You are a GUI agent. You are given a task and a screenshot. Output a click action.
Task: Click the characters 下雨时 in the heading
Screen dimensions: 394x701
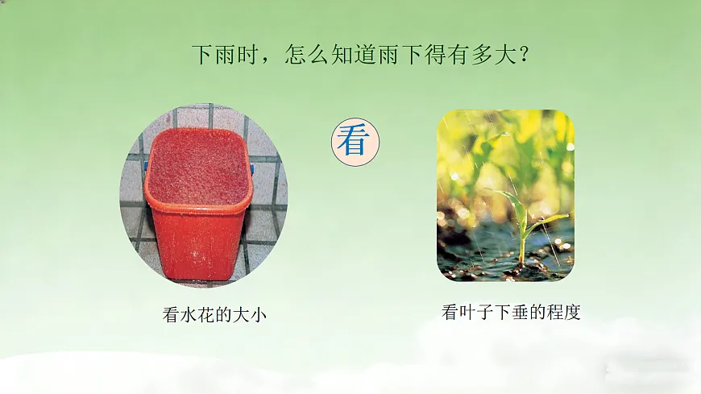click(225, 56)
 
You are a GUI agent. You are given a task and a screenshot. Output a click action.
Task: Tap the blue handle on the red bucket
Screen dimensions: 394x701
click(251, 168)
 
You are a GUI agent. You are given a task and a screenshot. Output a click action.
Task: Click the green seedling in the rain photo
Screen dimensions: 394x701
click(524, 226)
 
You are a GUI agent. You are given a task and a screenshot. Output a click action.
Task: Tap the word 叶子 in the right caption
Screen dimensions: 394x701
click(476, 313)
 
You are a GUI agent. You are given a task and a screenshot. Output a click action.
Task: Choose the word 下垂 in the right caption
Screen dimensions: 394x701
click(511, 313)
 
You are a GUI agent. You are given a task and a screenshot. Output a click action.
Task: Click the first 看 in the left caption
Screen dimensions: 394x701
click(171, 316)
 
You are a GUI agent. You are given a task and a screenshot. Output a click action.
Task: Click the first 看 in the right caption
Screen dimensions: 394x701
click(450, 313)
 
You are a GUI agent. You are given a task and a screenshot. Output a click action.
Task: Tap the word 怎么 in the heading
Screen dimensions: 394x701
click(307, 56)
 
